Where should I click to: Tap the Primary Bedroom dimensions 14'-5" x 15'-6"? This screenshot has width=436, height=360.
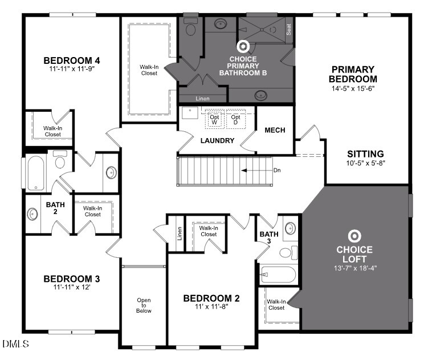pyautogui.click(x=353, y=88)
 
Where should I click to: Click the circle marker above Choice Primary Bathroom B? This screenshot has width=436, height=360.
pyautogui.click(x=243, y=46)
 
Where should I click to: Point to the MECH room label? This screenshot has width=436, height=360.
pyautogui.click(x=275, y=130)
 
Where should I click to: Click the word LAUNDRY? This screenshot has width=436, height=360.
pyautogui.click(x=217, y=140)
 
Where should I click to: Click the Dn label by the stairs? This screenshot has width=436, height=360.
pyautogui.click(x=276, y=170)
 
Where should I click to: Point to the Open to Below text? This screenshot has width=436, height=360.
pyautogui.click(x=143, y=305)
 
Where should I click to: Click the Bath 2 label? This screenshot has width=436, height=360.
pyautogui.click(x=55, y=208)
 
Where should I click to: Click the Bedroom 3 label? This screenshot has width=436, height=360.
pyautogui.click(x=72, y=278)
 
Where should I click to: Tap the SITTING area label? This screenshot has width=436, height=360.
pyautogui.click(x=365, y=154)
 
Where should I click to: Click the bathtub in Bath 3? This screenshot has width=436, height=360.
pyautogui.click(x=279, y=276)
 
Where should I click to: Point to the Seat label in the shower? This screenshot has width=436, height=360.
pyautogui.click(x=289, y=29)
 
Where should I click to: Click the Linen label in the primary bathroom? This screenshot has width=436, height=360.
pyautogui.click(x=202, y=99)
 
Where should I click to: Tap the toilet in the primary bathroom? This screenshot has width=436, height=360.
pyautogui.click(x=191, y=26)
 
